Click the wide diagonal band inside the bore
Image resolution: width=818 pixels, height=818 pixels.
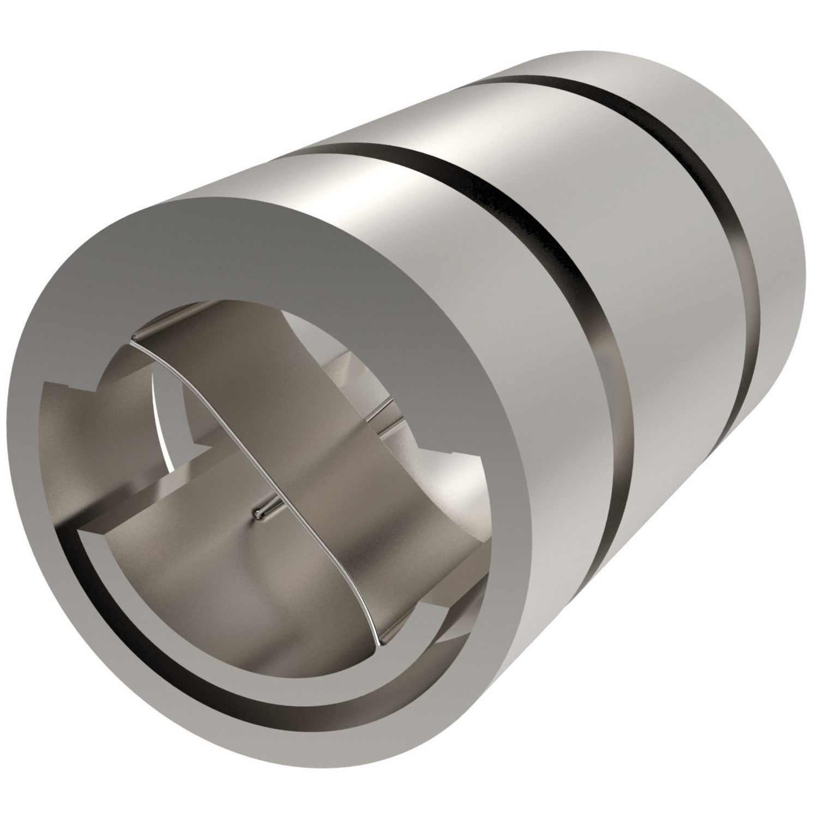point(284,436)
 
